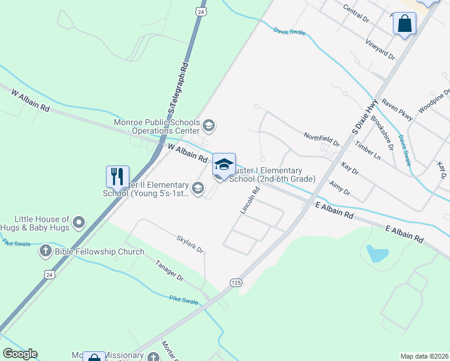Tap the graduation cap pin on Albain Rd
(x=224, y=165)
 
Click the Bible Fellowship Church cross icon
(x=46, y=251)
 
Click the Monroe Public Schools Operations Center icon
(x=209, y=126)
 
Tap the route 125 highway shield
(x=235, y=282)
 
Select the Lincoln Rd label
(x=250, y=200)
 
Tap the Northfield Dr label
(x=321, y=140)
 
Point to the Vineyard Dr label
(x=380, y=49)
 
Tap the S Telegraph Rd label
(x=179, y=88)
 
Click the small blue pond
(x=377, y=253)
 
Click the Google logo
(x=20, y=354)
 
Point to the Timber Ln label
(x=368, y=150)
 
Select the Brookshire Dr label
(x=383, y=134)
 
